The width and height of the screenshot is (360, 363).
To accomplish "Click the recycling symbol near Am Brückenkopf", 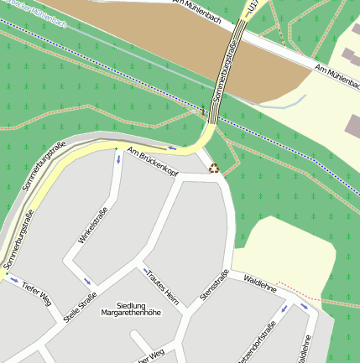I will (x=213, y=168).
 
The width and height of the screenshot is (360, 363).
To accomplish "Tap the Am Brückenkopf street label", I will (x=153, y=161).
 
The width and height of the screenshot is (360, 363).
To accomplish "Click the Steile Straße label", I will (x=81, y=308).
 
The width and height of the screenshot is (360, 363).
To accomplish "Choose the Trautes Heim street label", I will (x=162, y=286).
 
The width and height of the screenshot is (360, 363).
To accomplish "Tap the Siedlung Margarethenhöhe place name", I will (x=130, y=309).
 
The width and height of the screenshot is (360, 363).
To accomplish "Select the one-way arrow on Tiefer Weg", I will (x=13, y=280).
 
